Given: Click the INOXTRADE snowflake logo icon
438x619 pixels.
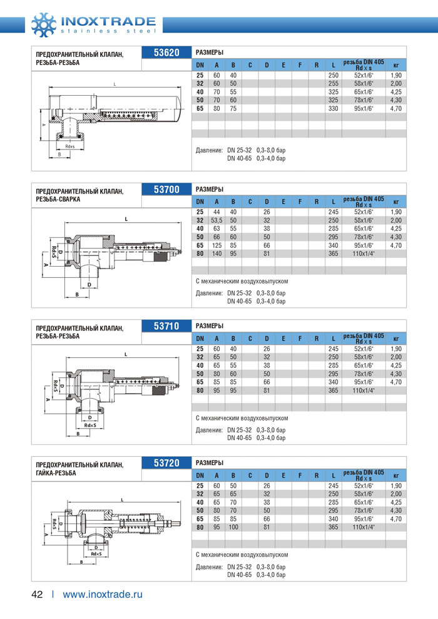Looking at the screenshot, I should [44, 24].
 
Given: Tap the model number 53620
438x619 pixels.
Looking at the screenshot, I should [166, 53].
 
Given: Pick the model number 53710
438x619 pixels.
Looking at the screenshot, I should [166, 326].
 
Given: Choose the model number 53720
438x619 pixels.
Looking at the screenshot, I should [166, 463].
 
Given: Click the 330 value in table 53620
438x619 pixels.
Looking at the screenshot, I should [333, 108].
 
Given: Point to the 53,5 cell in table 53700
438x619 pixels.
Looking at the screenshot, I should [216, 220].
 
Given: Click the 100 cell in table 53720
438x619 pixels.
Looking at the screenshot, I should [233, 527].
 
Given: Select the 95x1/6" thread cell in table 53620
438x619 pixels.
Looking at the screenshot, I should [363, 108].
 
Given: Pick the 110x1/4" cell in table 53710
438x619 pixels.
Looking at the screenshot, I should [363, 390].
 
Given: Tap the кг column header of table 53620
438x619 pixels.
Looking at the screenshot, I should [395, 64].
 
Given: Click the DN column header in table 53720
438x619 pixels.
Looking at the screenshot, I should [200, 476].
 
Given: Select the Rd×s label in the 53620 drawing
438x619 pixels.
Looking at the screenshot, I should [69, 147].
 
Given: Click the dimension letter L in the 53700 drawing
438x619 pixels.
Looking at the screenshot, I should [126, 219].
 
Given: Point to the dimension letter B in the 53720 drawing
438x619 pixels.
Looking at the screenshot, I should [82, 561].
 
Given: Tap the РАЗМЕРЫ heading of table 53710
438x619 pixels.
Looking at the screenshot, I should [210, 326].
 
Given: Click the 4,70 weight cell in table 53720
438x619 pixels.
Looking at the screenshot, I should [395, 519].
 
